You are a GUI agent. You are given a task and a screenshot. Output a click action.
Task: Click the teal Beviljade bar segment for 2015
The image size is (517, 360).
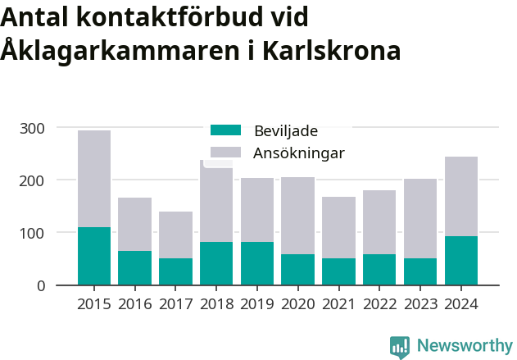pyautogui.click(x=94, y=256)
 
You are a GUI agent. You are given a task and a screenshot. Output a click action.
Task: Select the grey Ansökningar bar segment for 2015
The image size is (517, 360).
pyautogui.click(x=94, y=179)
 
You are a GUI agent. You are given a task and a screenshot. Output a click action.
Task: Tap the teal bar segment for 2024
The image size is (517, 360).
pyautogui.click(x=461, y=260)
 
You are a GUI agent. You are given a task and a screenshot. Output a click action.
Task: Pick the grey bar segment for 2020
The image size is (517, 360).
pyautogui.click(x=298, y=216)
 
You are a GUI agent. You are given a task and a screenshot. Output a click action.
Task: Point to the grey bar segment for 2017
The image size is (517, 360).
pyautogui.click(x=175, y=235)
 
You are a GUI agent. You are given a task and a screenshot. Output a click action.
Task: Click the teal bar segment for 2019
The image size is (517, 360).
pyautogui.click(x=257, y=263)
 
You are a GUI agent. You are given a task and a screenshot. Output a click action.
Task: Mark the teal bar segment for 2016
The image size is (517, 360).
pyautogui.click(x=135, y=267)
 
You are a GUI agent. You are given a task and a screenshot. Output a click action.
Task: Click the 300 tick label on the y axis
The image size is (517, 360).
pyautogui.click(x=33, y=128)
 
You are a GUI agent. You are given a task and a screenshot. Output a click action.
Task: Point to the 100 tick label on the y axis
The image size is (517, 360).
pyautogui.click(x=33, y=233)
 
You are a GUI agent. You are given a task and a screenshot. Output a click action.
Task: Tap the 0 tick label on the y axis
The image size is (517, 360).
pyautogui.click(x=40, y=285)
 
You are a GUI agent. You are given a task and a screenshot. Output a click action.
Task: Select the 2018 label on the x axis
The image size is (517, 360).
pyautogui.click(x=216, y=304)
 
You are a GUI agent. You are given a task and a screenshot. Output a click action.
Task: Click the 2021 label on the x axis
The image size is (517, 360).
pyautogui.click(x=338, y=304)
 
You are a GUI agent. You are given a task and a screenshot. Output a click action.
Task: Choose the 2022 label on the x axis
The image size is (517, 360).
pyautogui.click(x=379, y=304)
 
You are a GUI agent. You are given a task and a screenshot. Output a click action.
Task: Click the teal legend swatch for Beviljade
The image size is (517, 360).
pyautogui.click(x=226, y=130)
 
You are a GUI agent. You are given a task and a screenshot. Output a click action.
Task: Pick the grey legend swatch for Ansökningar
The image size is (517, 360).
pyautogui.click(x=226, y=153)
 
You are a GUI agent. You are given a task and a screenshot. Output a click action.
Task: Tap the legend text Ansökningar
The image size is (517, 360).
pyautogui.click(x=299, y=153)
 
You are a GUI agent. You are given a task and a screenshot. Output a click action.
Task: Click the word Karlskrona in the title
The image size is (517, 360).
pyautogui.click(x=332, y=51)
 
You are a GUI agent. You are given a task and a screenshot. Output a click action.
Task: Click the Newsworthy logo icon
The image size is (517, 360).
pyautogui.click(x=400, y=346)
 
